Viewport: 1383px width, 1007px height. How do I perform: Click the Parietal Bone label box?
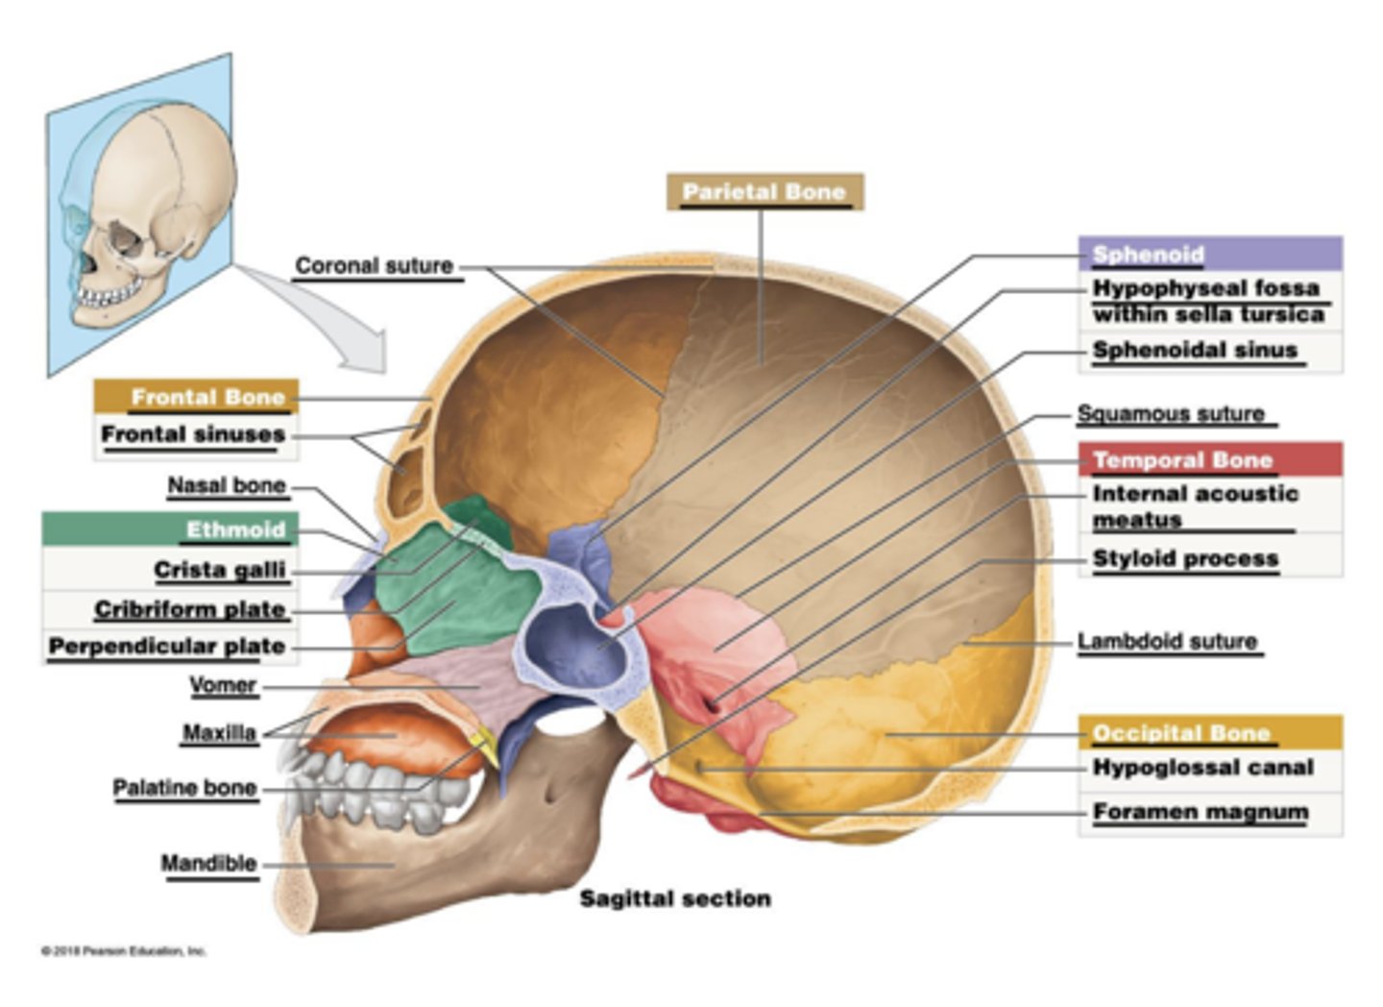(764, 192)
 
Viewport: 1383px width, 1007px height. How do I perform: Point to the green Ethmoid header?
(170, 529)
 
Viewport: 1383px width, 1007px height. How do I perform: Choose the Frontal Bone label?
(197, 397)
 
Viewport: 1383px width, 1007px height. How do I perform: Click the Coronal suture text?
(374, 266)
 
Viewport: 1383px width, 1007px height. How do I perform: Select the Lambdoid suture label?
(1167, 641)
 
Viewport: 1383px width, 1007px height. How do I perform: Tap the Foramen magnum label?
(1201, 812)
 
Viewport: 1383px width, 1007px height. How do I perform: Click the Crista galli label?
(220, 570)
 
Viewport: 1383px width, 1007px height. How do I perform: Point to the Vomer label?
(223, 685)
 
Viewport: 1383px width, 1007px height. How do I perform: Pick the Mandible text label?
(208, 863)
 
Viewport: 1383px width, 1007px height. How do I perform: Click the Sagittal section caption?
(674, 898)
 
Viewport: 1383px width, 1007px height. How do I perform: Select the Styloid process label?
(1185, 558)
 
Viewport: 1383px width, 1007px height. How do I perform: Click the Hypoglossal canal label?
(1202, 768)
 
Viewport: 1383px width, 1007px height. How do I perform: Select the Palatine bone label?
(184, 788)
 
